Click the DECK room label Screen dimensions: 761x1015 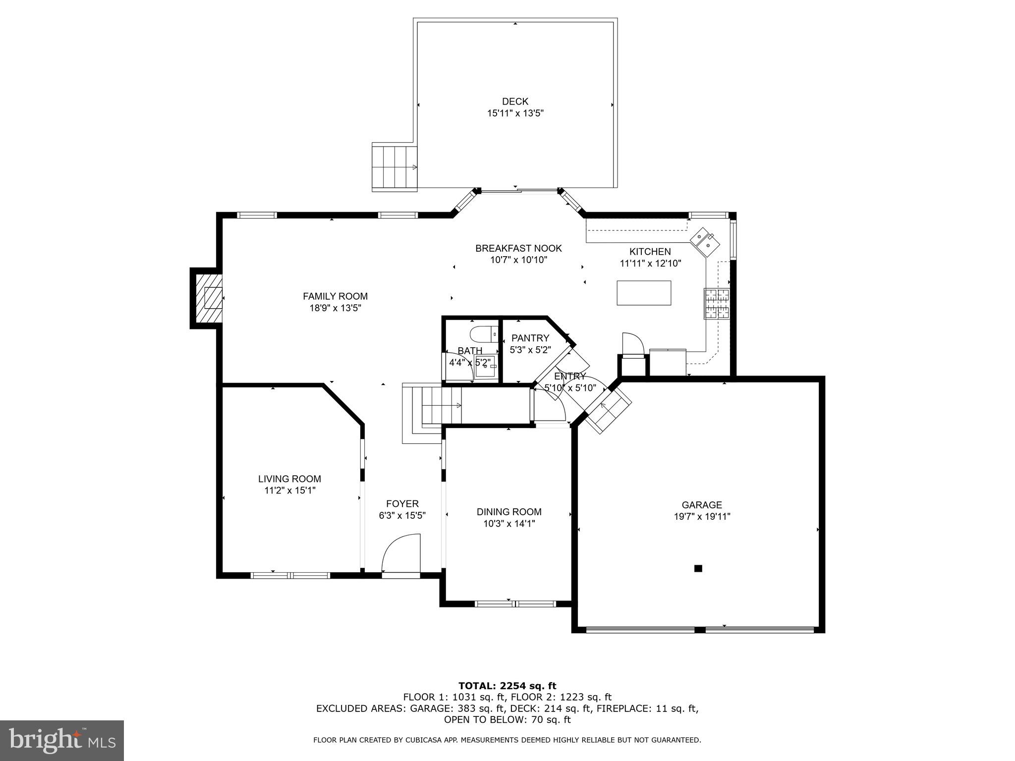click(515, 102)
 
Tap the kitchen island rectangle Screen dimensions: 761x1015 click(644, 293)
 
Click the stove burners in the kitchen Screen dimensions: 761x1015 click(716, 304)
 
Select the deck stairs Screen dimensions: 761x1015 click(395, 167)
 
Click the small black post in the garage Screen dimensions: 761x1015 click(698, 568)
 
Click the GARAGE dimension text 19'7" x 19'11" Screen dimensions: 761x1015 click(701, 516)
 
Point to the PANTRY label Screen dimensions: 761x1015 click(530, 338)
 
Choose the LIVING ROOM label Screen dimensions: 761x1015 click(289, 479)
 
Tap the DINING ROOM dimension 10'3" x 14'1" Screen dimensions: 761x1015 click(509, 523)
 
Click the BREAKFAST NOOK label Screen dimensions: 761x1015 click(518, 248)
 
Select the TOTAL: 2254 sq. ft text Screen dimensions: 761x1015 click(507, 686)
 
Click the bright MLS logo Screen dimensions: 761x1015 click(62, 740)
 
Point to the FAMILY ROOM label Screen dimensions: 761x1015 click(335, 296)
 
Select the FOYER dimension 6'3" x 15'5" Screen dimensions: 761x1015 click(402, 516)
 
